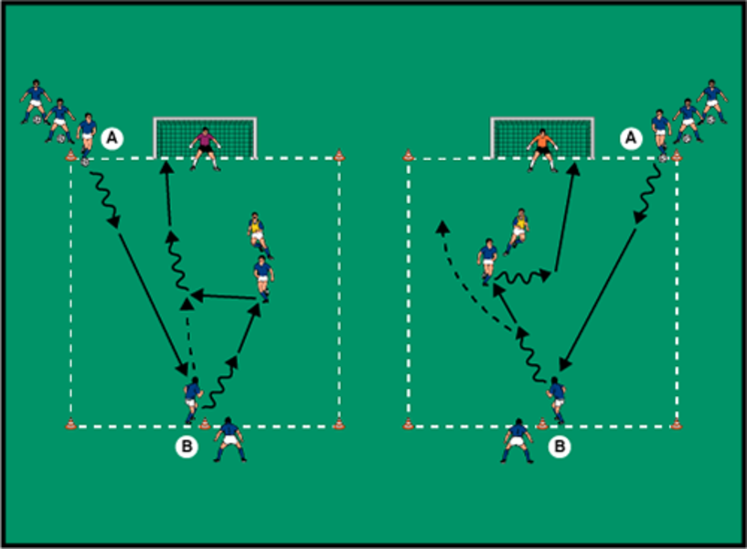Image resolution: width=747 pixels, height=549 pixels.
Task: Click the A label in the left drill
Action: [x=112, y=138]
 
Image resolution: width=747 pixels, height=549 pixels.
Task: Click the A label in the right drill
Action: [x=630, y=138]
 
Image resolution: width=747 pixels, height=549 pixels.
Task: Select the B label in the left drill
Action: [x=187, y=447]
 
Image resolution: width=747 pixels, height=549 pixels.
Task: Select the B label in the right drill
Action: [x=559, y=447]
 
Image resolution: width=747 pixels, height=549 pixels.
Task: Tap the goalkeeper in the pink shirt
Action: [x=205, y=147]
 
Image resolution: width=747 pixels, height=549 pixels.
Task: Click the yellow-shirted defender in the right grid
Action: [x=518, y=230]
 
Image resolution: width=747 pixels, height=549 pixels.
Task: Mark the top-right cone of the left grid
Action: [x=339, y=156]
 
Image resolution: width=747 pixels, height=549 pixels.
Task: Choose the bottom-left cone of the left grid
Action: [x=70, y=424]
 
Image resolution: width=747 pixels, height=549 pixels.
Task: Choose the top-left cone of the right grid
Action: [x=409, y=156]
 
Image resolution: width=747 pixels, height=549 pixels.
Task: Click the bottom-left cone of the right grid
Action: [x=409, y=424]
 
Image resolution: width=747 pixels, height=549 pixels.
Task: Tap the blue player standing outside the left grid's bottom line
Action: [x=229, y=438]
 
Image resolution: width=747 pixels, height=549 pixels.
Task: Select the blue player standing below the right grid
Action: [x=518, y=440]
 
